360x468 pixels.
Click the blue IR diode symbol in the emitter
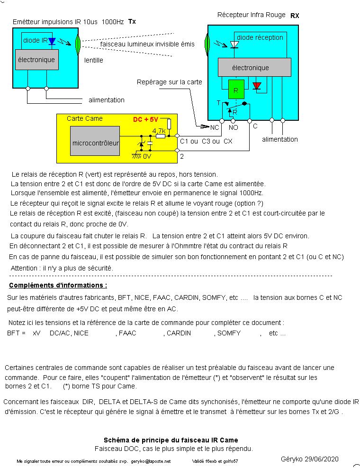[x=52, y=41]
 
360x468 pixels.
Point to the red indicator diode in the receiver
[x=257, y=86]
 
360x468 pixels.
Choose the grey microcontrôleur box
[x=95, y=141]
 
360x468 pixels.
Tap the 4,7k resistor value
[x=159, y=130]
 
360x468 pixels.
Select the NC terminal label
[x=215, y=127]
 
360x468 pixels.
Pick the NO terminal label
[x=234, y=127]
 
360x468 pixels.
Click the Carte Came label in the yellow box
[x=84, y=118]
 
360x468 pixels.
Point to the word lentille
[x=94, y=60]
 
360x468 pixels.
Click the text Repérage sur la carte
[x=169, y=82]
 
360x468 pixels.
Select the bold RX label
[x=295, y=15]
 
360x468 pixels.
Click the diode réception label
[x=260, y=37]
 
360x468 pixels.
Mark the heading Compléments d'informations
[x=58, y=285]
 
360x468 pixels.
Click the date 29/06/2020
[x=323, y=459]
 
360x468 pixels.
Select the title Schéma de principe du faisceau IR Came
[x=171, y=440]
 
